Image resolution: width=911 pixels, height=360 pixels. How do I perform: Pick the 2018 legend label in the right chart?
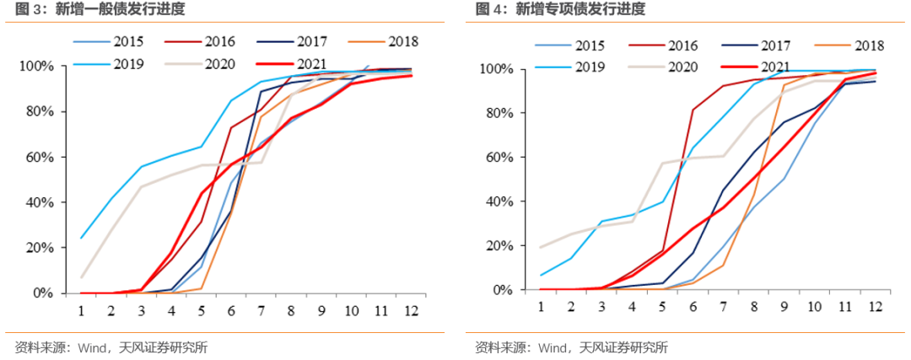(x=869, y=46)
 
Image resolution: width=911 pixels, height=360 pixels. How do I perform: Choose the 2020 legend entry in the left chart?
(x=219, y=62)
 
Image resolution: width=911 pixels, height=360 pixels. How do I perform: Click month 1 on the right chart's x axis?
(x=541, y=307)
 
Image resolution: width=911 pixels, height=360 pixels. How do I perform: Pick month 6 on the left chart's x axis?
(x=231, y=310)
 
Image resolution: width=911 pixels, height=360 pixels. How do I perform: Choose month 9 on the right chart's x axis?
(x=784, y=307)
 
